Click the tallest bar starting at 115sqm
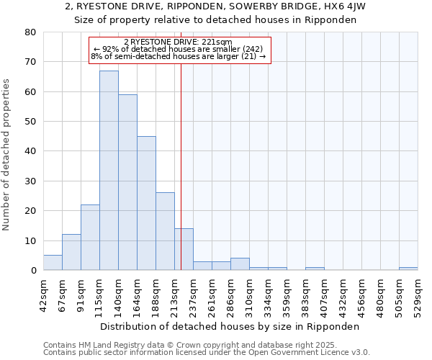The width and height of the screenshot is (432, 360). pos(109,171)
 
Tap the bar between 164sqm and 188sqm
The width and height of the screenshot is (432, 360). pos(146,203)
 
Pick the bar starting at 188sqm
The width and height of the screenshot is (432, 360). pos(165,231)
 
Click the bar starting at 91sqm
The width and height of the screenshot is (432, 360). pos(90,238)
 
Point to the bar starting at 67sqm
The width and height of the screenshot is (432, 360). pos(71,252)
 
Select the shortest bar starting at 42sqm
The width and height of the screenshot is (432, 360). pos(53,263)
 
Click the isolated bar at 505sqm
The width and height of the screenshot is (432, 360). pos(408,269)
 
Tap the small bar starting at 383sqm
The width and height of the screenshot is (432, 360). pos(315,269)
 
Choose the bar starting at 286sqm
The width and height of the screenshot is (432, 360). pos(240,264)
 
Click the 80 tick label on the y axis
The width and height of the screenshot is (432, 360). pos(30,32)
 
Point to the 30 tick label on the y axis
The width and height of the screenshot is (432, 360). pos(30,181)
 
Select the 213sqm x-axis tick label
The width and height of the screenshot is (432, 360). pos(174,293)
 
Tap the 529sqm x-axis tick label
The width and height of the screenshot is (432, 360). pos(418,293)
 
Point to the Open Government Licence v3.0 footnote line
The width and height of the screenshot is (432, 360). pos(207,353)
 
